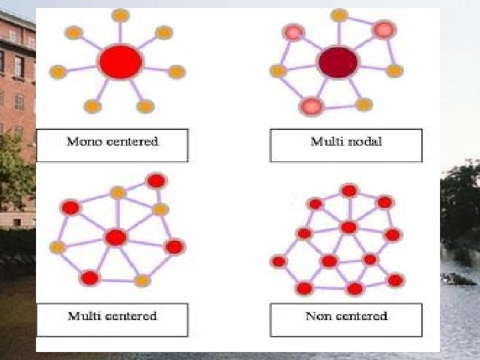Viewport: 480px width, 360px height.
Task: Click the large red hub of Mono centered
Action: (121, 62)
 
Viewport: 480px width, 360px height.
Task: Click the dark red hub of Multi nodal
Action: (338, 63)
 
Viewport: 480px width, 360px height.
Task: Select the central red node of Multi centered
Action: (116, 237)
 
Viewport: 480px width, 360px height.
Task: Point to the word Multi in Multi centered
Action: (83, 315)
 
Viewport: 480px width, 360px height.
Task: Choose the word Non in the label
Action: (319, 315)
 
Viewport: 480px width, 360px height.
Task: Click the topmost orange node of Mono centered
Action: (121, 15)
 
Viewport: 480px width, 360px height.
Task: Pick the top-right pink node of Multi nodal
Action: (383, 29)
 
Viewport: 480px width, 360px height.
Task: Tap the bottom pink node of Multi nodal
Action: (311, 105)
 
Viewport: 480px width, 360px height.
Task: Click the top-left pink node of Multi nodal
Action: (293, 31)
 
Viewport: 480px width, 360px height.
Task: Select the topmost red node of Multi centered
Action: (157, 181)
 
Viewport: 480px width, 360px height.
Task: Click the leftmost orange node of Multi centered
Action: (58, 248)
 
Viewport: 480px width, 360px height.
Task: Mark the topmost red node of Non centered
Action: (349, 191)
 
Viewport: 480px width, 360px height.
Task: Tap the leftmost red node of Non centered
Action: (279, 261)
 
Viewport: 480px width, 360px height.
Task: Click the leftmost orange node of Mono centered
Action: (58, 71)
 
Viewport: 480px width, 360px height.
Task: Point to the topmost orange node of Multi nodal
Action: (339, 15)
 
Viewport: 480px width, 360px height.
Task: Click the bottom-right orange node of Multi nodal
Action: (364, 105)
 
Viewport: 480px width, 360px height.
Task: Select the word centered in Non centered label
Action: (363, 315)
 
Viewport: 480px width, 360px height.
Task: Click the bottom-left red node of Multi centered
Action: (89, 277)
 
